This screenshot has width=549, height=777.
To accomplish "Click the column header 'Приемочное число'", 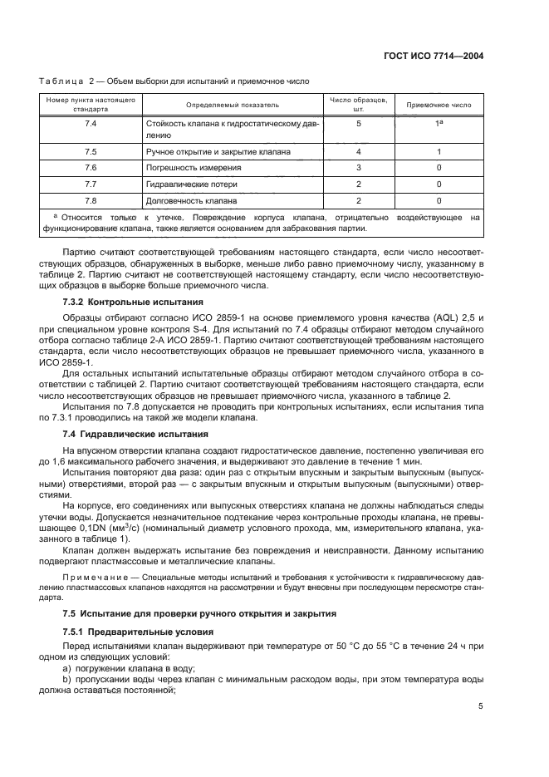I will point(439,106).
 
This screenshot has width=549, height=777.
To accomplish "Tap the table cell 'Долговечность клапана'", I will point(191,201).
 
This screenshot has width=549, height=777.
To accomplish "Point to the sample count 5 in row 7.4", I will point(359,124).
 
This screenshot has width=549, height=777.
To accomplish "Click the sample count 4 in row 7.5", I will point(359,152).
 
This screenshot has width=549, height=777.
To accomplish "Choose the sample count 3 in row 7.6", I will point(359,168).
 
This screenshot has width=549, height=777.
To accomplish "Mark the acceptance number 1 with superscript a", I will point(439,124).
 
